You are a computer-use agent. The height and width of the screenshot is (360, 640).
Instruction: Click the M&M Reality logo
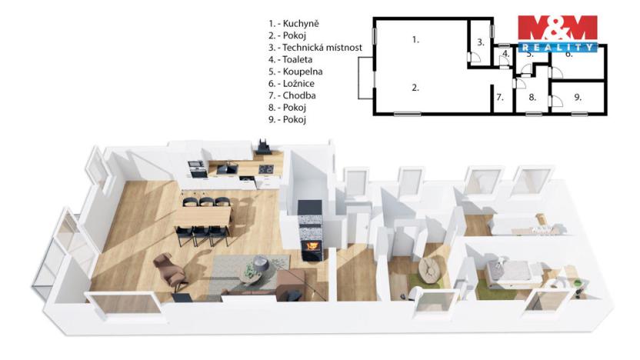click(556, 32)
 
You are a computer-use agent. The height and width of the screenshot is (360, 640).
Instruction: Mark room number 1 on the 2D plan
click(415, 38)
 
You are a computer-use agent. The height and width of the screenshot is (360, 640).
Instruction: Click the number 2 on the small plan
click(415, 88)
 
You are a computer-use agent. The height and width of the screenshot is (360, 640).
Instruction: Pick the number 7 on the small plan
click(500, 97)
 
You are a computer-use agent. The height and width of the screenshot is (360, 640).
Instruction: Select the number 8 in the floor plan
click(532, 97)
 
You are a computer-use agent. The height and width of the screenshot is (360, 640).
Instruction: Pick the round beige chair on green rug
click(428, 268)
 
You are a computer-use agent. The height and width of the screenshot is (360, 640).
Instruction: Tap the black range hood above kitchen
click(264, 144)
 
